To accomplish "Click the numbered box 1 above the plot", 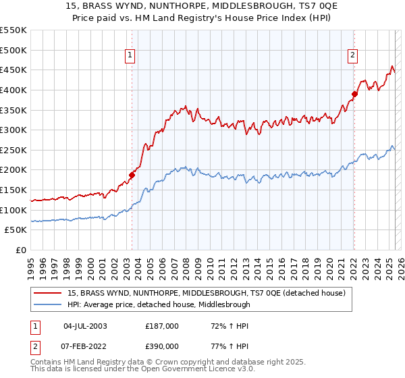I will (x=129, y=56).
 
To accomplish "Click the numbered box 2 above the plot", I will (x=352, y=56).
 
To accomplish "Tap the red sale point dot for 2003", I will (x=132, y=175).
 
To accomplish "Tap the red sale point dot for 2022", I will (x=354, y=94).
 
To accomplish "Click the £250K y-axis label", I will (x=13, y=150).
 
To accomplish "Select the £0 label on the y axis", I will (x=20, y=250).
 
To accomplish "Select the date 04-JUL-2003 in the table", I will (x=85, y=325).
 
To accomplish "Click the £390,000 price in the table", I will (x=161, y=346).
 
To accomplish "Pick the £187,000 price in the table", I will (x=161, y=325).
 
